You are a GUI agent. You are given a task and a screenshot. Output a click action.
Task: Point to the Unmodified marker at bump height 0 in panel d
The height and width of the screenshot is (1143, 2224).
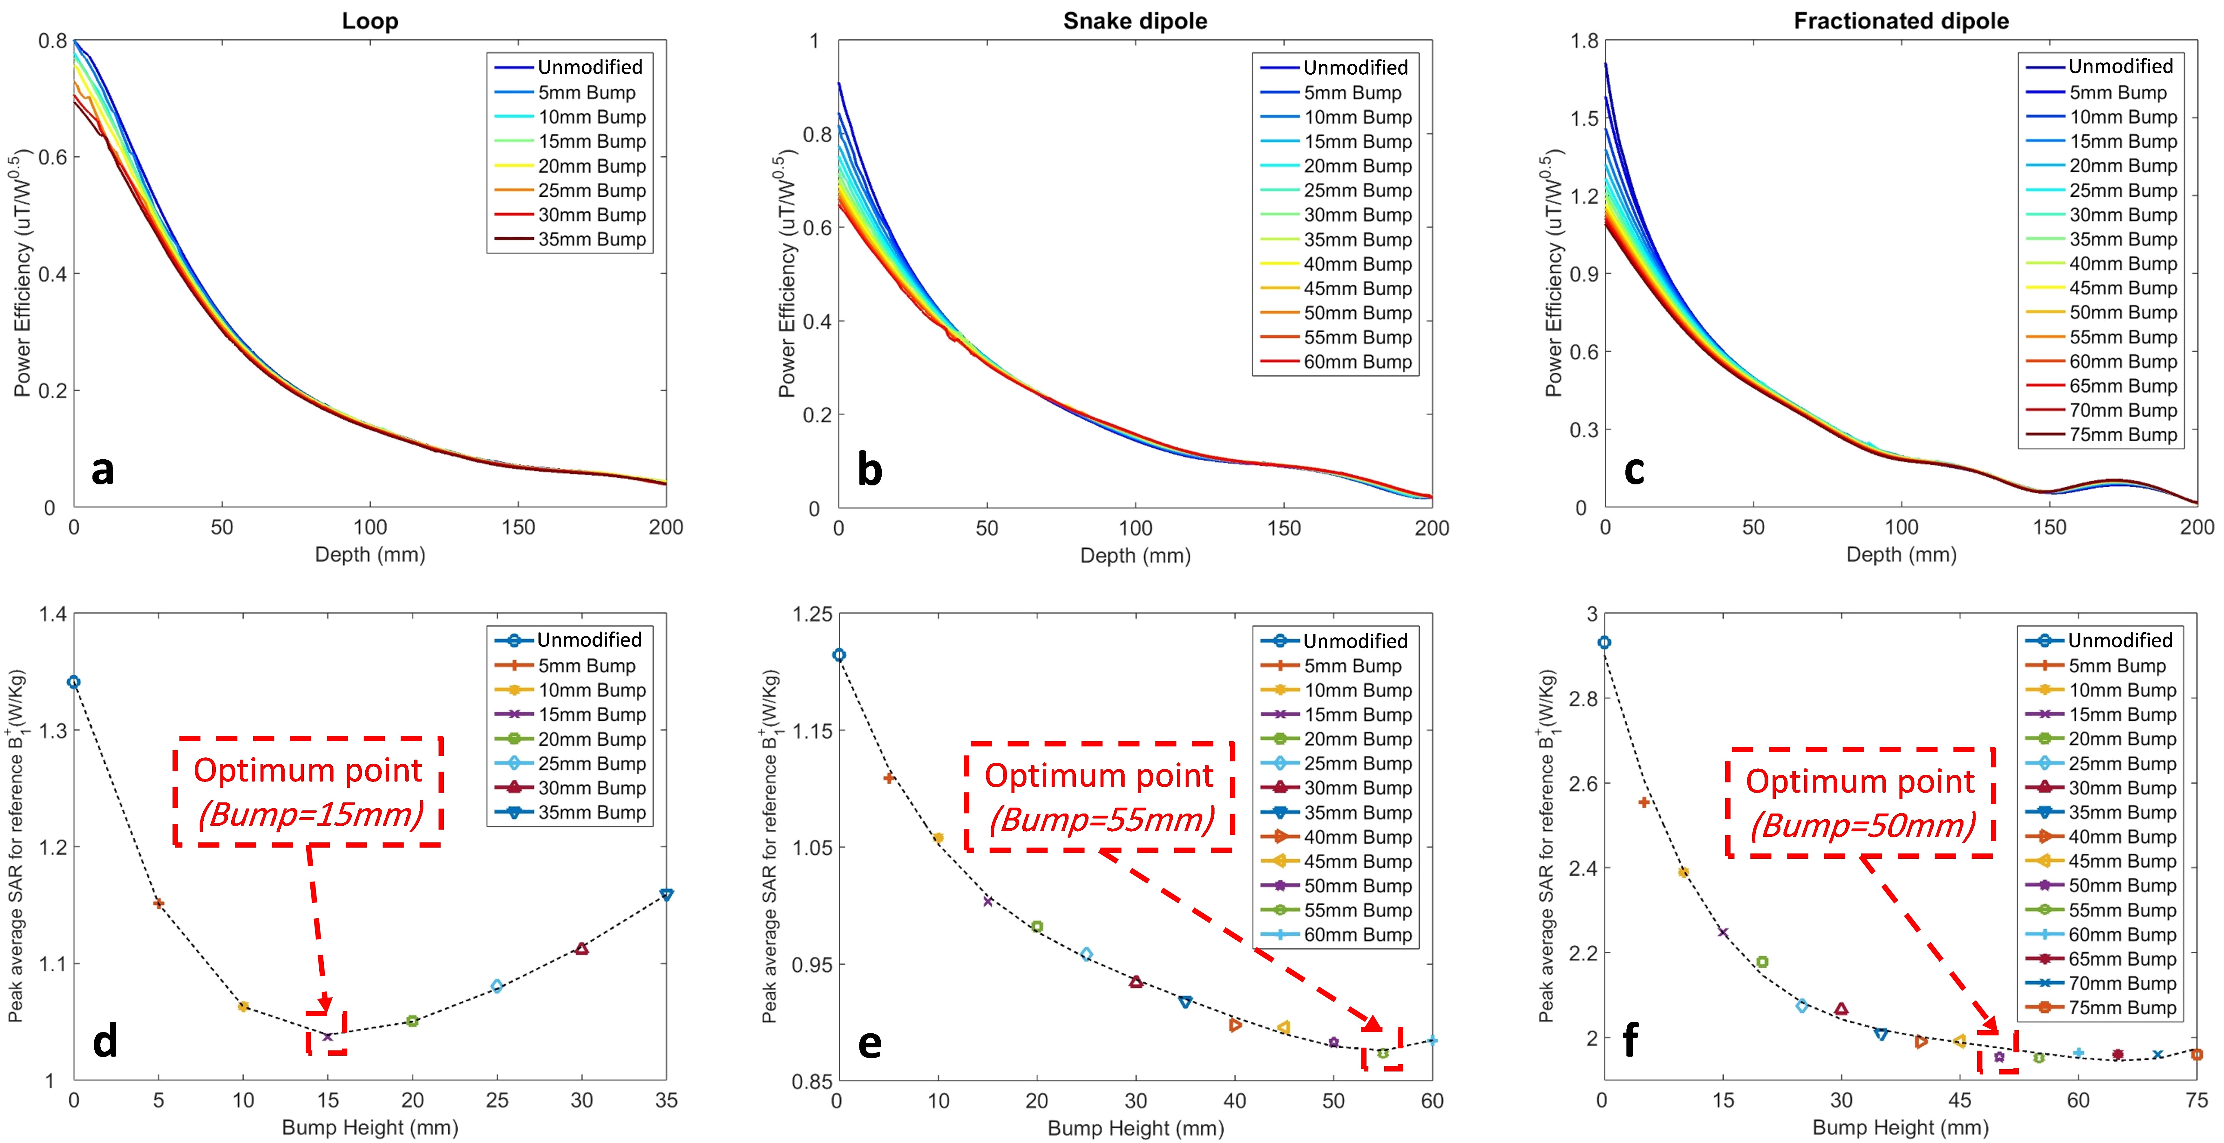(74, 682)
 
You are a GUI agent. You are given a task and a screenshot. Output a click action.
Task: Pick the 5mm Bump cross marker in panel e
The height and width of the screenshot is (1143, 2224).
(888, 778)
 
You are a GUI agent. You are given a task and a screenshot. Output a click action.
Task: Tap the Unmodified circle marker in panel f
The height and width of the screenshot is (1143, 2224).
(1604, 642)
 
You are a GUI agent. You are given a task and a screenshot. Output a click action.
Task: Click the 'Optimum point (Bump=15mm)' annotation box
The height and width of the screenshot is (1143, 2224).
(308, 791)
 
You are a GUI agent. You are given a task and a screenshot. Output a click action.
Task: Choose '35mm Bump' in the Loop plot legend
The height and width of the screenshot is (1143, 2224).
(591, 239)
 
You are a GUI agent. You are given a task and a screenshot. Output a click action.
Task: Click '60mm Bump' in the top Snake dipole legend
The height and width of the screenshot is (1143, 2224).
(1357, 362)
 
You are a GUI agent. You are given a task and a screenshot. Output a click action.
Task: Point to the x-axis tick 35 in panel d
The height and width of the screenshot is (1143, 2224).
(666, 1100)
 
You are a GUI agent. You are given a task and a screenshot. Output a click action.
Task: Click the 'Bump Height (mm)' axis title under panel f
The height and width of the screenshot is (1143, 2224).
(1900, 1127)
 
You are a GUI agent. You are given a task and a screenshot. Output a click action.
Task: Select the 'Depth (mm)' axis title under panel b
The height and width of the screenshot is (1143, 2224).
(1135, 555)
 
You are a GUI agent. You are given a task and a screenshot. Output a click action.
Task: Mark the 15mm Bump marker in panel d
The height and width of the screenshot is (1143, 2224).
(327, 1036)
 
